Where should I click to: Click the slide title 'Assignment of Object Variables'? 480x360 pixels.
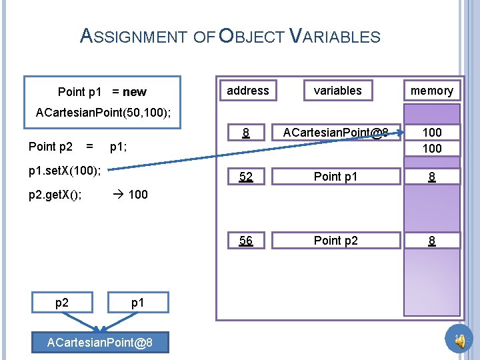(230, 36)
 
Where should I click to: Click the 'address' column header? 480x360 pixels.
(248, 91)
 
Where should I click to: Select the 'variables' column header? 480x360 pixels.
(337, 91)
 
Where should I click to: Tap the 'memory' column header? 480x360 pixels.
(431, 91)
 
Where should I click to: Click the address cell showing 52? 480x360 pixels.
(246, 177)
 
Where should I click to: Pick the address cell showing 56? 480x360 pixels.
(246, 241)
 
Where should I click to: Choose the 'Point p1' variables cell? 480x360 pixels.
(336, 177)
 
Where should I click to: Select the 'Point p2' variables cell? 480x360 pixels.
(336, 241)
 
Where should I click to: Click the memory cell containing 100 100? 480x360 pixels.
(432, 140)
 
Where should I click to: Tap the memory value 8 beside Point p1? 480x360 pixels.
(432, 177)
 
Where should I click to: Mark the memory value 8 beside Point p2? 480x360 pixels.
(432, 241)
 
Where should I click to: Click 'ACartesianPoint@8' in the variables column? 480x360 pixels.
(335, 133)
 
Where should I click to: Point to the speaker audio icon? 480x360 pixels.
(459, 341)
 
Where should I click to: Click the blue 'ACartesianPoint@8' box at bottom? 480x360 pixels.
(99, 343)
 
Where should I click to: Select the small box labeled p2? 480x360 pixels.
(62, 303)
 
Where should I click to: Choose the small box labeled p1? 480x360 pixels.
(137, 303)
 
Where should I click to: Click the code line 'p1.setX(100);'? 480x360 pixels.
(64, 171)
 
